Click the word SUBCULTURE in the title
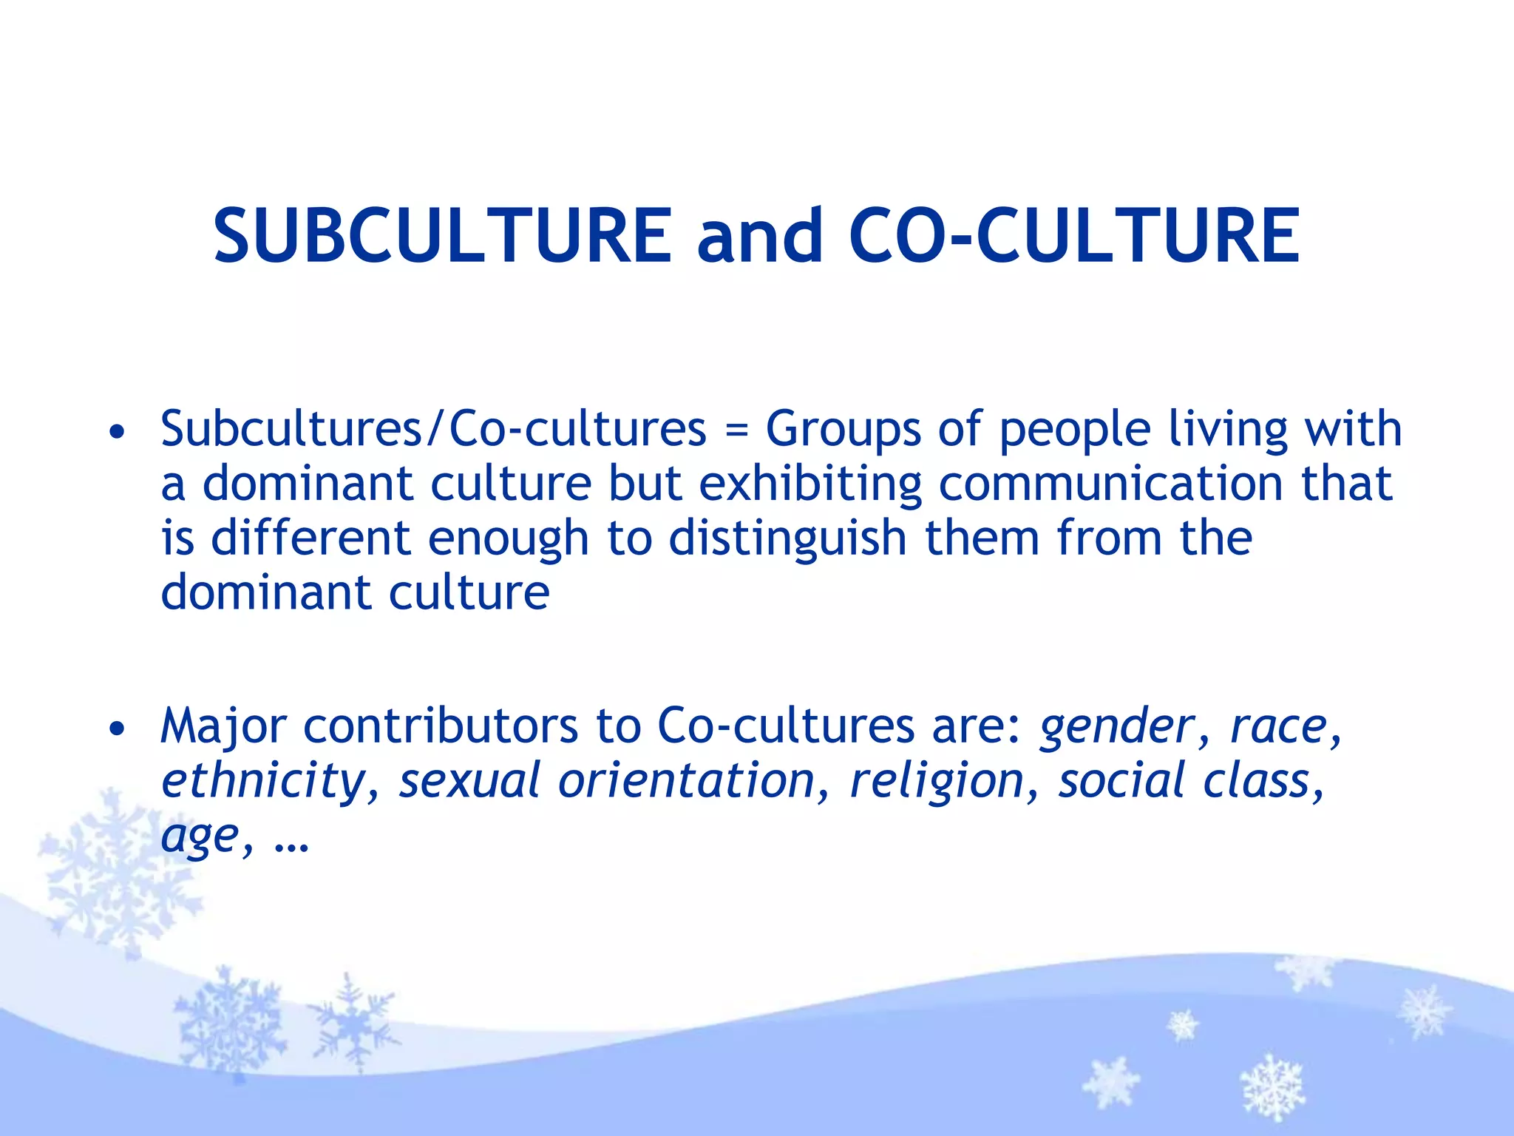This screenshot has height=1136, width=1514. (x=442, y=235)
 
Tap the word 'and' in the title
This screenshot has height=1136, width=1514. (x=760, y=235)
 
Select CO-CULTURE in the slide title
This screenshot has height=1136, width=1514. (x=1074, y=235)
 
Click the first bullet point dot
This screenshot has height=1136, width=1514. (x=116, y=431)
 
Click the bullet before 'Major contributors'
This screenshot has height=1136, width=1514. (x=116, y=728)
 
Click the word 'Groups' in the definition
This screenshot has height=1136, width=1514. (x=843, y=430)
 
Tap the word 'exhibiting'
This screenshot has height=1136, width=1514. (x=810, y=485)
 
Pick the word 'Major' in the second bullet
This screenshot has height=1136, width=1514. (x=223, y=728)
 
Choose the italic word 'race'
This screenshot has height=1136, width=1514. (x=1278, y=726)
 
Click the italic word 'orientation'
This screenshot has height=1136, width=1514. (x=686, y=781)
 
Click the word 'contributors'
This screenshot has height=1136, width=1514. (x=441, y=726)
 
